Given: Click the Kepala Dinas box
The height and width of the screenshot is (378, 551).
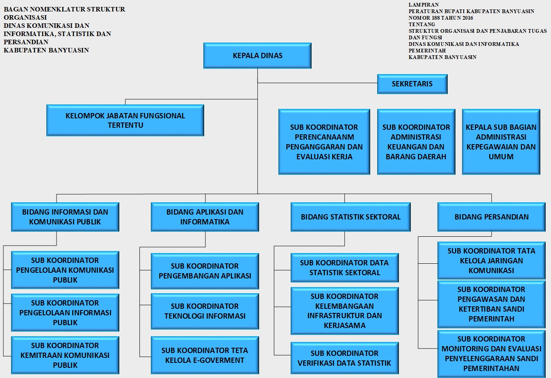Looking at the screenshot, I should pyautogui.click(x=257, y=56).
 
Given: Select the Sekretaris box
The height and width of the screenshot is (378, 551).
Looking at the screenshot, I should pyautogui.click(x=412, y=84).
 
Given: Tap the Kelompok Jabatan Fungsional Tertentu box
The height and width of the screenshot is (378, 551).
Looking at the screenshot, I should pyautogui.click(x=125, y=120).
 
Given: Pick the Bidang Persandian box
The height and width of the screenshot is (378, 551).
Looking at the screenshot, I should pyautogui.click(x=492, y=217).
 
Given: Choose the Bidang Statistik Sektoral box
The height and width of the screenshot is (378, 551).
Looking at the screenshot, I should pyautogui.click(x=351, y=217).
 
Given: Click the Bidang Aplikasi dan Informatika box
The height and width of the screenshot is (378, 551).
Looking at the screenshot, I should pyautogui.click(x=205, y=217).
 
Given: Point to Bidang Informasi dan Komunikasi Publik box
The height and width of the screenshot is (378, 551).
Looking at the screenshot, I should pyautogui.click(x=65, y=217).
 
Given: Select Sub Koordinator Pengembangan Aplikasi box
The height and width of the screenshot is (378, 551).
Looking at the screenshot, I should pyautogui.click(x=205, y=271).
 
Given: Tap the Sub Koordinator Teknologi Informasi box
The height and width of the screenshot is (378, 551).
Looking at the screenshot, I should pyautogui.click(x=205, y=311).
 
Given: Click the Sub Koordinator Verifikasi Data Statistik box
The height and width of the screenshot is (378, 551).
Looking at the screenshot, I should pyautogui.click(x=344, y=358).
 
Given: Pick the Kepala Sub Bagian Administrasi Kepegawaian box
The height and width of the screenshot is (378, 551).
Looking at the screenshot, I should pyautogui.click(x=501, y=142).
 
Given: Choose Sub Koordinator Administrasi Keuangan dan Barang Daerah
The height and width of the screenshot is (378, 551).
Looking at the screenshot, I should pyautogui.click(x=416, y=142).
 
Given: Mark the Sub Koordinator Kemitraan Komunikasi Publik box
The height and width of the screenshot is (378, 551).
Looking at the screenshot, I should pyautogui.click(x=65, y=355).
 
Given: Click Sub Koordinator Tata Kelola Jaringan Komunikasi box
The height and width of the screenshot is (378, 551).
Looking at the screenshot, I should pyautogui.click(x=492, y=260).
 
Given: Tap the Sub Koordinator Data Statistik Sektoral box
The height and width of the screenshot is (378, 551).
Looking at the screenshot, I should pyautogui.click(x=344, y=267).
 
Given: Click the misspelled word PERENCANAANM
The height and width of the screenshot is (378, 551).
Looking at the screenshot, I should pyautogui.click(x=324, y=137).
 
